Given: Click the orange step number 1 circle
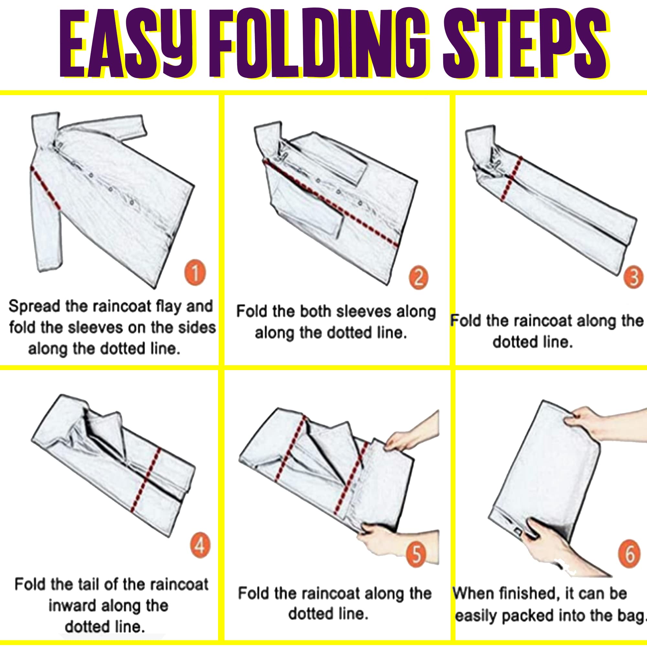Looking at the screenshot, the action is tap(195, 272).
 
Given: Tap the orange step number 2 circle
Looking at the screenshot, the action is tap(419, 278).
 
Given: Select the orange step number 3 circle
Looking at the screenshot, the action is tap(634, 277).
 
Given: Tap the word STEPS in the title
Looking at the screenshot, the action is tap(525, 44).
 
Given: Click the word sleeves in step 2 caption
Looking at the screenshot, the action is tap(363, 312).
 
